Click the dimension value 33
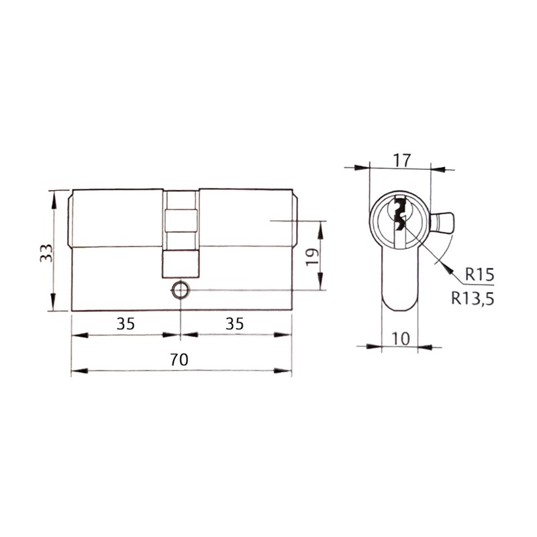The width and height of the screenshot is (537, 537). click(x=46, y=253)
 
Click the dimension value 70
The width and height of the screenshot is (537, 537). click(x=179, y=360)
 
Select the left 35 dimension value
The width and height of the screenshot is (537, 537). click(x=126, y=324)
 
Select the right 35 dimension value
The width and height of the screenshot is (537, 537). click(x=234, y=324)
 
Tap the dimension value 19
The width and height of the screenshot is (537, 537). click(x=312, y=257)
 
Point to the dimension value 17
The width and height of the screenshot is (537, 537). click(x=401, y=160)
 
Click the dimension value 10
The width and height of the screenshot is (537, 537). click(x=400, y=339)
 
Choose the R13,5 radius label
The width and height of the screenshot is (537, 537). click(x=473, y=298)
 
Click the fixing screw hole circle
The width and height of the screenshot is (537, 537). click(x=180, y=291)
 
